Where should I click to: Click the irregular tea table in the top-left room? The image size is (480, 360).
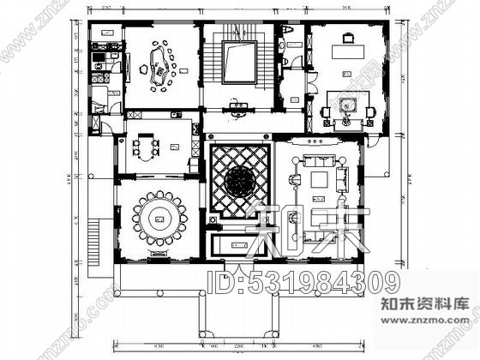159,67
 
